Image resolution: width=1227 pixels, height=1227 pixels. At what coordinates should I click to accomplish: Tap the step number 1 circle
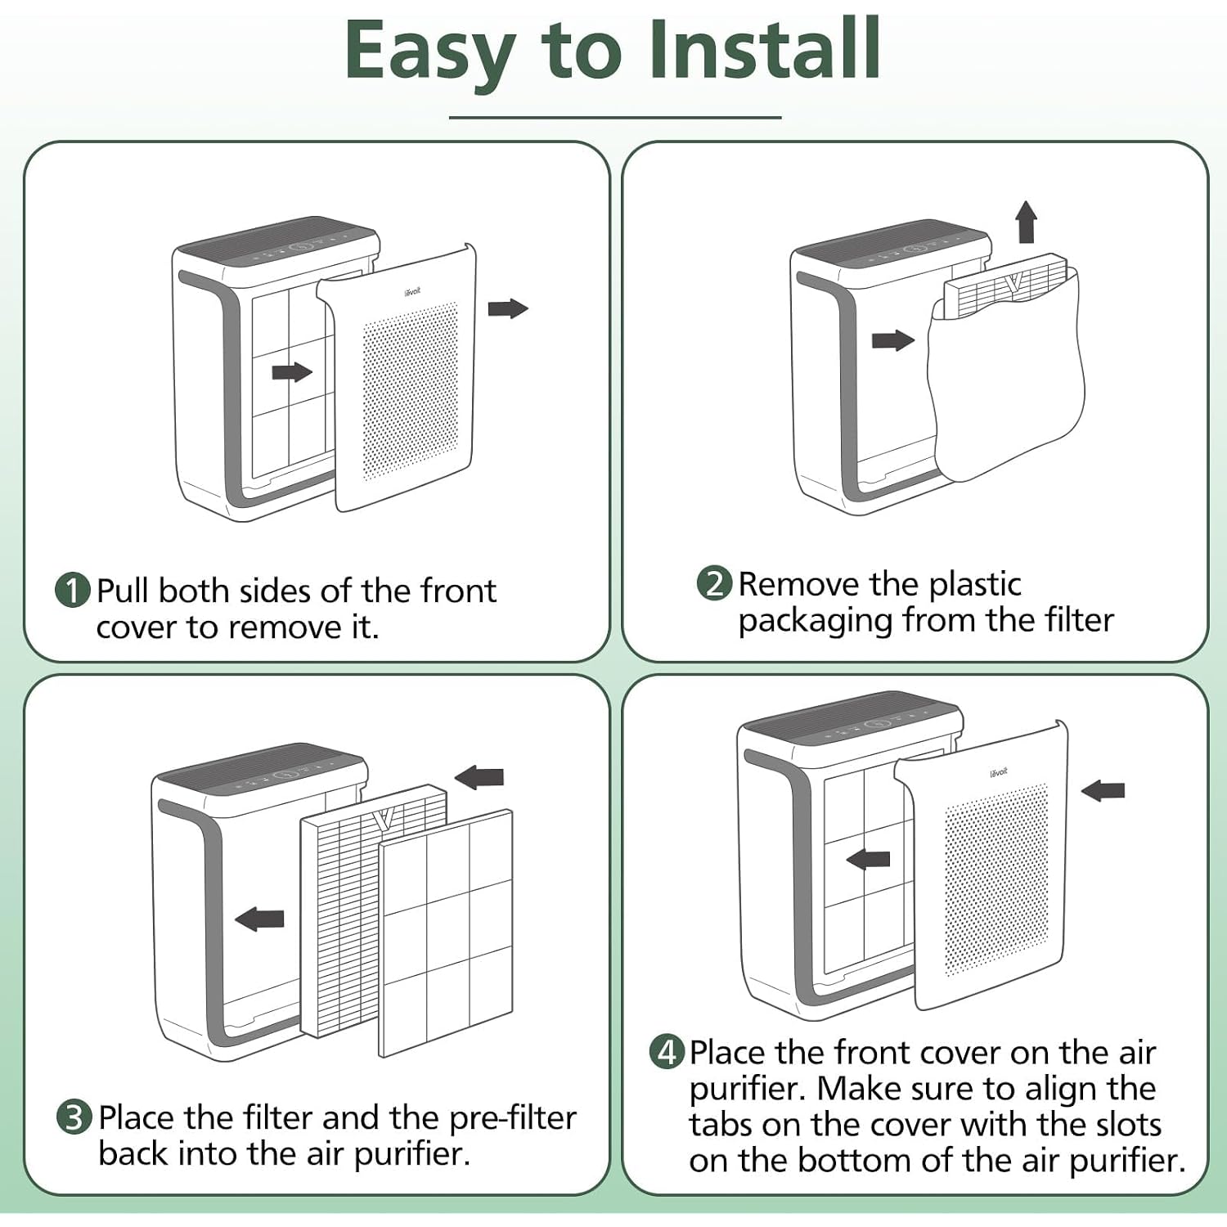click(73, 590)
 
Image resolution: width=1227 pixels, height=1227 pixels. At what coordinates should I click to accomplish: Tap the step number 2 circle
click(714, 583)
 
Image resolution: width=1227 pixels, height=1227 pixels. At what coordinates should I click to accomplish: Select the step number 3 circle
click(74, 1117)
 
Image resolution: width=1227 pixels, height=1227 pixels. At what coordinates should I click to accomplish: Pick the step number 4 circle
click(667, 1051)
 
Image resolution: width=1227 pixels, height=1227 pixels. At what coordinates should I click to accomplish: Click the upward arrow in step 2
click(1026, 222)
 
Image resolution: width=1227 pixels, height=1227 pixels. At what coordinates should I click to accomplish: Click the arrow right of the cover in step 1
click(508, 308)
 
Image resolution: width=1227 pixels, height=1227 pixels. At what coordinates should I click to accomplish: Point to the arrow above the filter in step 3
click(479, 777)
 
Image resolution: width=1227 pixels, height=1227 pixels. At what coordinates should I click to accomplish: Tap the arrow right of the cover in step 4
click(1103, 790)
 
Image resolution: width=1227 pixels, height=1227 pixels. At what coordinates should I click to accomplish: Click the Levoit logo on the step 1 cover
click(412, 291)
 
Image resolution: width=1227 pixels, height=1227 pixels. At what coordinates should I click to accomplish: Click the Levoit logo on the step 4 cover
click(998, 771)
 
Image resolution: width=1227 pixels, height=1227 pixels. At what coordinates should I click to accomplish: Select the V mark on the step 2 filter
click(1014, 283)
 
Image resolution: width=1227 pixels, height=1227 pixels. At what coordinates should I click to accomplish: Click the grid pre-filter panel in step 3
click(447, 933)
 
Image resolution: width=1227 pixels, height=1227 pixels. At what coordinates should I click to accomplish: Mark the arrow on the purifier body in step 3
click(259, 919)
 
